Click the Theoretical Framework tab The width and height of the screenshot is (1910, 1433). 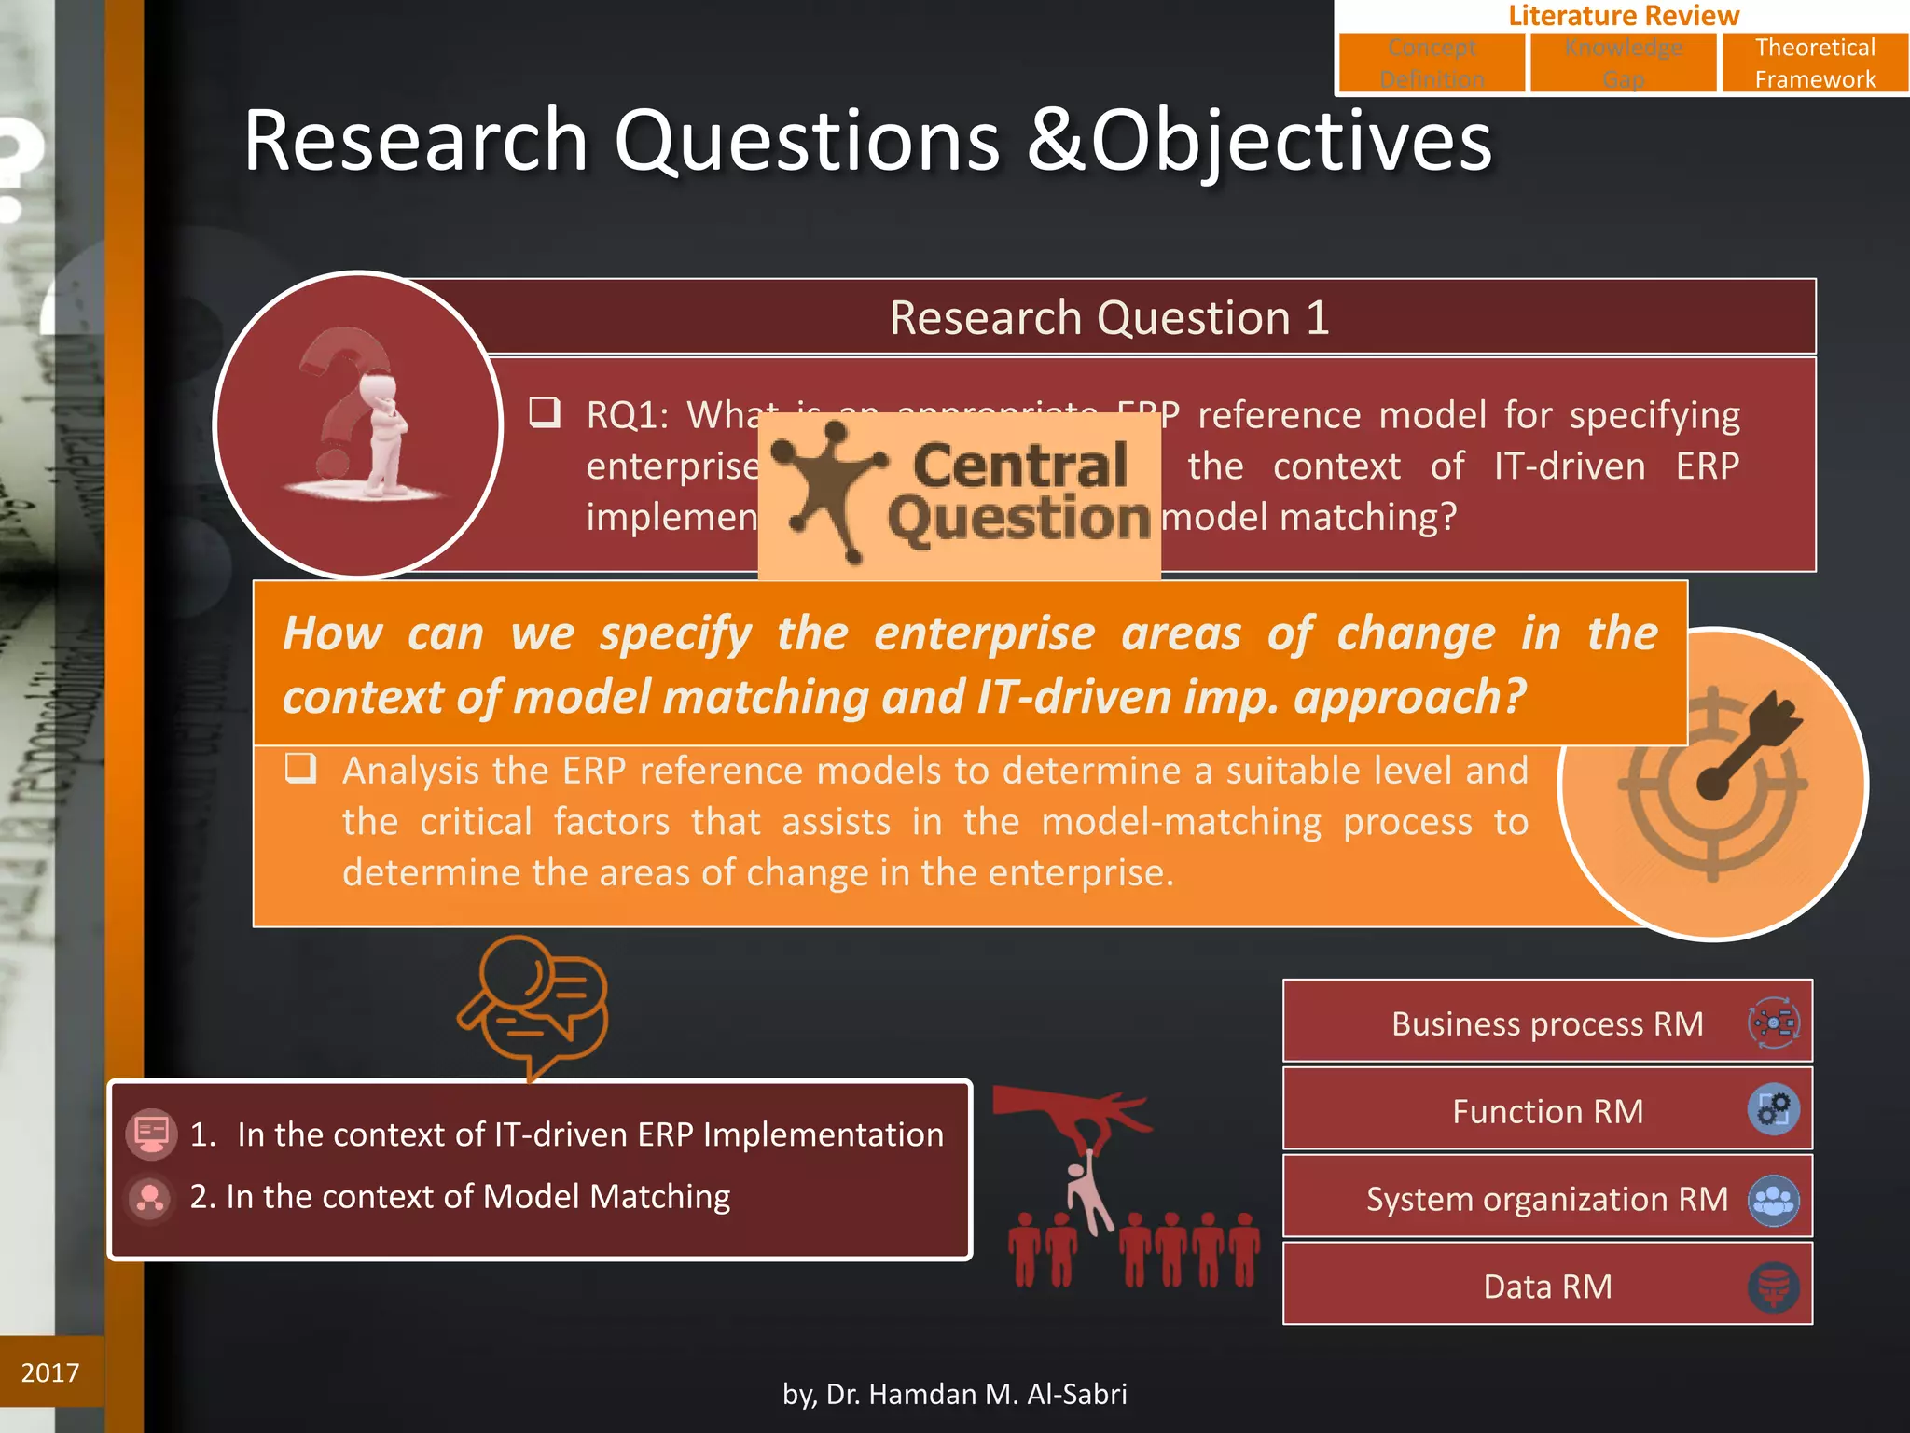pos(1814,63)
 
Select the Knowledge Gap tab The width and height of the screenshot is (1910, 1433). pos(1623,63)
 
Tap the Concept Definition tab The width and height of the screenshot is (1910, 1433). pos(1432,63)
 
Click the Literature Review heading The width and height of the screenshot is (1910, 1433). pos(1623,15)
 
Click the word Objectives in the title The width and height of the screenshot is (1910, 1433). pos(1291,141)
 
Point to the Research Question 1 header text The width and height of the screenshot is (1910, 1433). pos(1109,318)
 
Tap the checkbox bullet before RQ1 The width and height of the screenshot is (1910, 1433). pos(545,411)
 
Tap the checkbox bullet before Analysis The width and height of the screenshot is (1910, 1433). pos(300,769)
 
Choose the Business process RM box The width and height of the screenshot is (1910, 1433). pos(1546,1023)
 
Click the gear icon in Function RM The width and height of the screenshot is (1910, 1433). pos(1772,1110)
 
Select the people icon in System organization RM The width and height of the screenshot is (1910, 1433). pos(1772,1200)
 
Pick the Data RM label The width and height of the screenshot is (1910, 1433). pos(1546,1287)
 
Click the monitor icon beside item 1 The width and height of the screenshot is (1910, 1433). pos(151,1134)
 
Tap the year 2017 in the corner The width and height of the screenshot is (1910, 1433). pos(50,1372)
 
